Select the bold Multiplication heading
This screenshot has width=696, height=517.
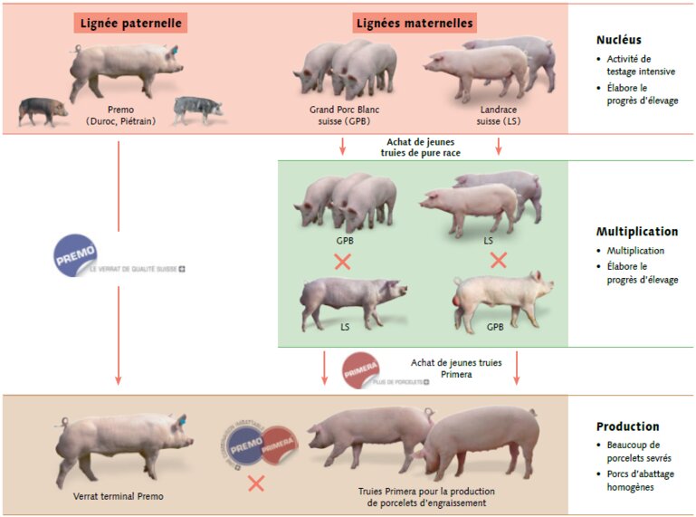click(x=636, y=231)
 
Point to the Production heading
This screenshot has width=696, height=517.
click(x=627, y=426)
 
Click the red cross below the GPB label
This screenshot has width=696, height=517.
click(x=343, y=262)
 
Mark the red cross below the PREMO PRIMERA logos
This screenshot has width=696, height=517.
click(x=256, y=483)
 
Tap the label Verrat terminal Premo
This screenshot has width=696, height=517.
click(x=119, y=496)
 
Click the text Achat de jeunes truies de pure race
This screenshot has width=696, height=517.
click(x=421, y=148)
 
